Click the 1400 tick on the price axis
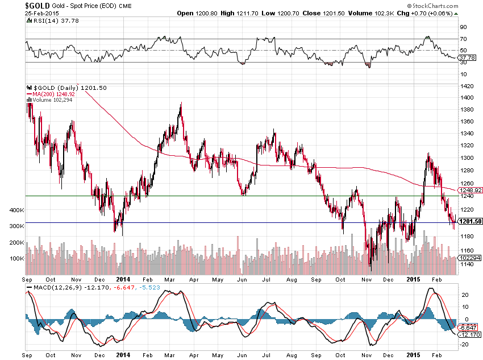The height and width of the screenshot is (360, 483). (468, 97)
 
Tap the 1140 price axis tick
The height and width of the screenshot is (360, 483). (468, 264)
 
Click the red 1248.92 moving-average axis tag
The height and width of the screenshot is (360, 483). (471, 190)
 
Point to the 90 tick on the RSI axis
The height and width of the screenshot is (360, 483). (464, 27)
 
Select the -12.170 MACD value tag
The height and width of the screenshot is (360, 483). (470, 335)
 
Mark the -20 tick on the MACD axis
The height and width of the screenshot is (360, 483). (464, 344)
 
